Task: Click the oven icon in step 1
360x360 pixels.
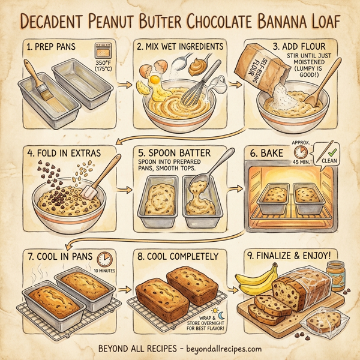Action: (102, 50)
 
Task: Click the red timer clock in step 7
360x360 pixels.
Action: (105, 259)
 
